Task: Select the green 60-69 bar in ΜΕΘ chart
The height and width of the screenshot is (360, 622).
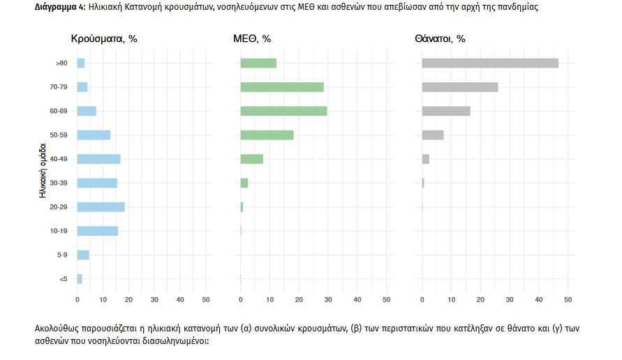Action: (283, 111)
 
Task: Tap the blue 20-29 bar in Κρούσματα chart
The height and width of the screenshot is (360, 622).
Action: (101, 207)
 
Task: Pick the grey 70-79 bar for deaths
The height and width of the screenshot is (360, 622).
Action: (460, 87)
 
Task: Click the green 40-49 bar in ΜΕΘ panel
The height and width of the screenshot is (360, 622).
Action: (251, 159)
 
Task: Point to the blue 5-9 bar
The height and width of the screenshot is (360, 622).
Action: (82, 255)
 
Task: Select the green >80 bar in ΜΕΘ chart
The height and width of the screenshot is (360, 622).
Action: (258, 63)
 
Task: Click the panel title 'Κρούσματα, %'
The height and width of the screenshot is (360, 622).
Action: (104, 39)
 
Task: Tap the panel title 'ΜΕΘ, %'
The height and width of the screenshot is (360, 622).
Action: (251, 39)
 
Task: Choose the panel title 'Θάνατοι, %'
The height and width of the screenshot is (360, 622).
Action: (440, 39)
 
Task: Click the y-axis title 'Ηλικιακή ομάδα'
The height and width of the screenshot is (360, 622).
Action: (43, 171)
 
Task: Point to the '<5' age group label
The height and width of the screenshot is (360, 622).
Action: (64, 279)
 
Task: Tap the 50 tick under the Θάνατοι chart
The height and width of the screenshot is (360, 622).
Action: (568, 299)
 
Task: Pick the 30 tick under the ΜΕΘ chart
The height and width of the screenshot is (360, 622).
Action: (328, 299)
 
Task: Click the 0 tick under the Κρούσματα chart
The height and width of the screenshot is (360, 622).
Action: (77, 299)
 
